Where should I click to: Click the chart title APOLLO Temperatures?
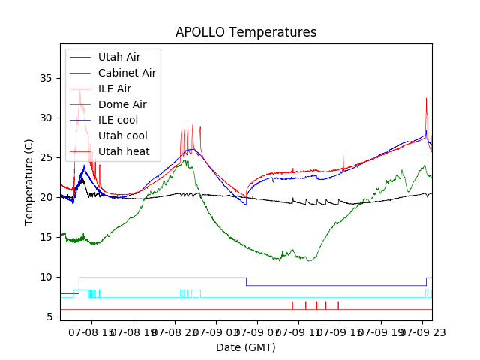[246, 32]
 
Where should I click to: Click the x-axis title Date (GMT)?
[246, 347]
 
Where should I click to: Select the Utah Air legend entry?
[118, 57]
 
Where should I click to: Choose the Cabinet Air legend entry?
[127, 73]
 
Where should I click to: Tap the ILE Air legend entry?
[114, 88]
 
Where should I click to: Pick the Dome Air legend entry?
[122, 104]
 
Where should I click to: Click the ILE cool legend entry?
[118, 120]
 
